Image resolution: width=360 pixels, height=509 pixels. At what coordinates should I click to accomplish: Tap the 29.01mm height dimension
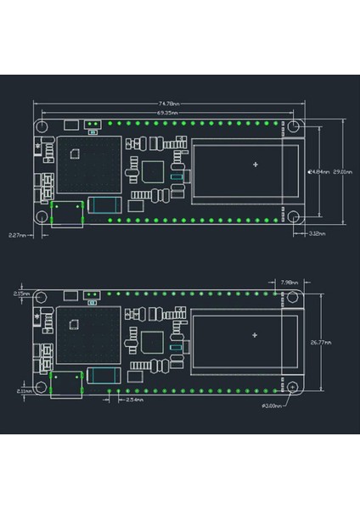(342, 171)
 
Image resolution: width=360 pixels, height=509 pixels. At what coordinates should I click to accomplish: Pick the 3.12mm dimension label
(316, 232)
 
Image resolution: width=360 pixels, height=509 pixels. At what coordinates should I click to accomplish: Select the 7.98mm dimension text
(288, 281)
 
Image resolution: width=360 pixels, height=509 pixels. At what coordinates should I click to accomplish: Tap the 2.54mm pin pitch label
(134, 399)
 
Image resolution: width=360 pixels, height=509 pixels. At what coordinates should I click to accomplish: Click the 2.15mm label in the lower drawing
(21, 293)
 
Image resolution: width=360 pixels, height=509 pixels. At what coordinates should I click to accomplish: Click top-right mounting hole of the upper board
(293, 126)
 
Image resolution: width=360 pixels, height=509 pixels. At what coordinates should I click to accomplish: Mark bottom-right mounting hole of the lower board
(293, 386)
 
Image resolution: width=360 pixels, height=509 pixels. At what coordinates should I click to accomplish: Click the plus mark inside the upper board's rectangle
(255, 163)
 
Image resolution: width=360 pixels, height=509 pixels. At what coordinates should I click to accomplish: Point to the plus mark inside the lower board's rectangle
(255, 334)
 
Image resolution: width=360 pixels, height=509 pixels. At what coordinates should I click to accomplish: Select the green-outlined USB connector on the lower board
(68, 383)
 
